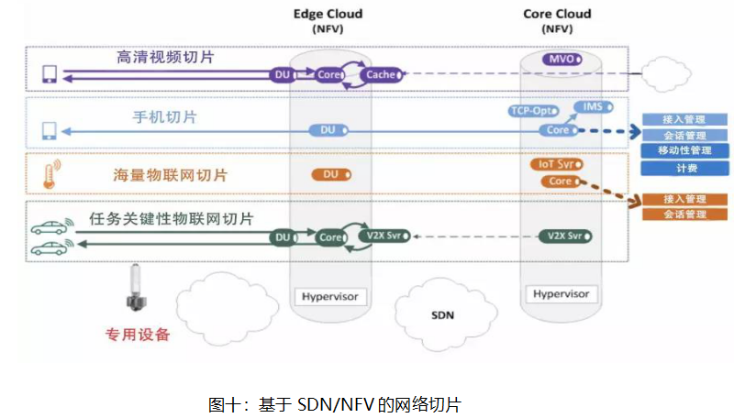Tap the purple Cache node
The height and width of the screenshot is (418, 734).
pos(378,74)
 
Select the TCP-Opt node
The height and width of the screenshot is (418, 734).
pos(533,111)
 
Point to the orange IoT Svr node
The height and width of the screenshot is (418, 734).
pos(554,164)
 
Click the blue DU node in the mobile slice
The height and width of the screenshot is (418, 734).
pos(328,130)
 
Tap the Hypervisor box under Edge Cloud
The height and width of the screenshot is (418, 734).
pos(328,296)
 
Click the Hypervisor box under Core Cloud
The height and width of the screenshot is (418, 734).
pos(561,293)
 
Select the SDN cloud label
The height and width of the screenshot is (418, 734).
pos(443,315)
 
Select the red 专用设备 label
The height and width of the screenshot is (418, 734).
pos(139,335)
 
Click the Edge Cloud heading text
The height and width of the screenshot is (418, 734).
pos(328,14)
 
